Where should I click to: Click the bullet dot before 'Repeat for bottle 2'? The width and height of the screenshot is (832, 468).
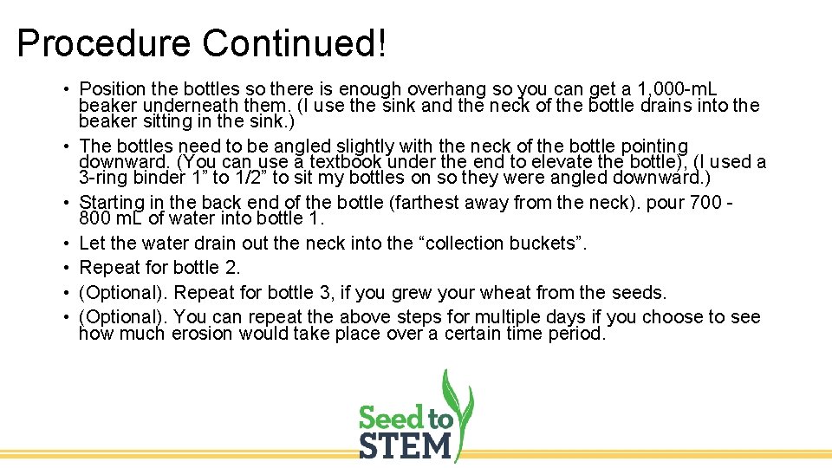66,268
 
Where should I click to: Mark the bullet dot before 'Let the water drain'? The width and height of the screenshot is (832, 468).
66,244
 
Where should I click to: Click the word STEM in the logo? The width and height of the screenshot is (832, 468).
405,447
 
